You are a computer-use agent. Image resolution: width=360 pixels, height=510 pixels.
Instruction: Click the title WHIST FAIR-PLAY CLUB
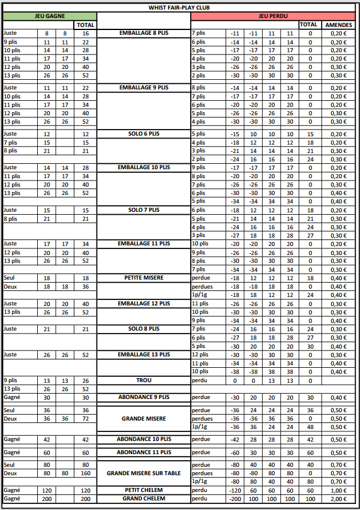click(x=180, y=7)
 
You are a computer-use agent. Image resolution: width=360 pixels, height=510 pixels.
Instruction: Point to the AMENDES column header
click(x=338, y=25)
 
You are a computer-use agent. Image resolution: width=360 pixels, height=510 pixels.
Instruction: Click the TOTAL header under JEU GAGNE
click(x=85, y=25)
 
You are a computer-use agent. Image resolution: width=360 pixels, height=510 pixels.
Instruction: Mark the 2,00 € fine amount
click(x=338, y=499)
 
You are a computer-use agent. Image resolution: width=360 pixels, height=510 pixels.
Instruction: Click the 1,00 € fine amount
click(x=338, y=490)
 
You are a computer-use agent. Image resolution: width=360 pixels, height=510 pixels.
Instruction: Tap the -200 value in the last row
click(x=235, y=499)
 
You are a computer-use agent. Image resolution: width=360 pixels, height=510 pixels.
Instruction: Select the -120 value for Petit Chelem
click(x=235, y=490)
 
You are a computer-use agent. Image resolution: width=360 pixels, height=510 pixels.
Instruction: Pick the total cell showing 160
click(x=85, y=473)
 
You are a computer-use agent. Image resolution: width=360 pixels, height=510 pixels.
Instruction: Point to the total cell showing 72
click(x=85, y=418)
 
